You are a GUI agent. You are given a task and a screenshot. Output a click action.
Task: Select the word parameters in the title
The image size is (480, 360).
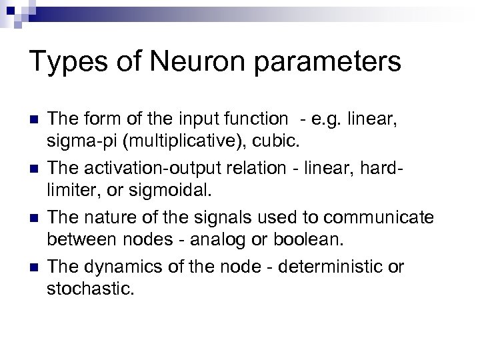point(335,62)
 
